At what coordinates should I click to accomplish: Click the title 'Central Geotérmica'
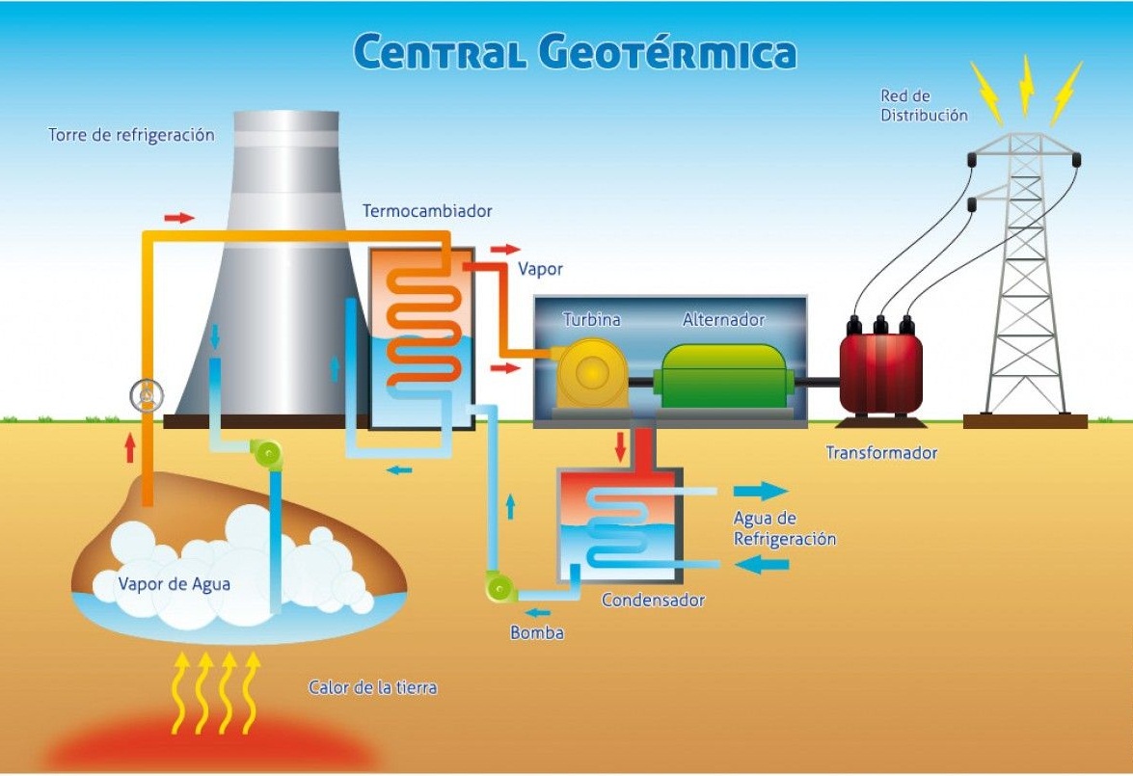click(575, 51)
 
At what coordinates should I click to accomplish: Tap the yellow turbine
click(589, 374)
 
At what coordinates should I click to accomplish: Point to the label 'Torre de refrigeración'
click(131, 135)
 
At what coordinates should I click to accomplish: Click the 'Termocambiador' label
click(427, 211)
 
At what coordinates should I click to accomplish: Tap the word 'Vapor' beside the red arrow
click(540, 269)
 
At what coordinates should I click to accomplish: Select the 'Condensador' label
click(653, 600)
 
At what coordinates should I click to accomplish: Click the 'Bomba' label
click(537, 633)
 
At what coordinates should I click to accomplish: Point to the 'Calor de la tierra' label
click(373, 687)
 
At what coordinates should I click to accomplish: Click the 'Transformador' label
click(881, 453)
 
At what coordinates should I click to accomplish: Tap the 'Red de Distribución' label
click(924, 105)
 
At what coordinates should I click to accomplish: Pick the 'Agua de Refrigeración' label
click(785, 528)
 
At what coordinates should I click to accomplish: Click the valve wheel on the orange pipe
click(147, 395)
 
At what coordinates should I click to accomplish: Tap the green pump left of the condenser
click(500, 586)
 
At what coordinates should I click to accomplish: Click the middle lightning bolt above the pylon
click(1026, 85)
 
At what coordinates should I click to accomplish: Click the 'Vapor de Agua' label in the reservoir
click(175, 584)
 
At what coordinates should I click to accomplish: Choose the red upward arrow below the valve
click(129, 448)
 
